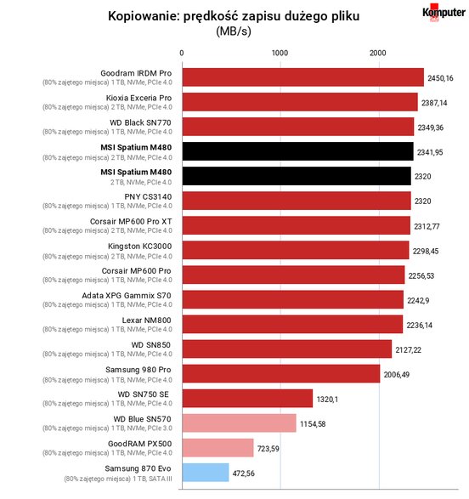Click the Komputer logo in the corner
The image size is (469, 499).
point(444,13)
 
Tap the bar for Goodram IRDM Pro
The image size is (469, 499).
point(303,77)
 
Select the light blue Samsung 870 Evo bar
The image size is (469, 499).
point(206,473)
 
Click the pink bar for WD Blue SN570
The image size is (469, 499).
point(239,423)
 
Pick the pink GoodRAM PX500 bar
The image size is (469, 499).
point(218,448)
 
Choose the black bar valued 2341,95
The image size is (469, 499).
point(298,151)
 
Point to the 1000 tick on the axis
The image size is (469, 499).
point(280,53)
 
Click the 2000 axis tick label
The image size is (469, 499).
point(378,53)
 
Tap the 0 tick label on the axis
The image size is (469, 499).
point(182,53)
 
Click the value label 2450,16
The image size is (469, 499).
point(440,78)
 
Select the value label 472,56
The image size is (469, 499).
point(244,473)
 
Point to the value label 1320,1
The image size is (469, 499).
point(327,399)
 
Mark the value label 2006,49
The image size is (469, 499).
point(397,375)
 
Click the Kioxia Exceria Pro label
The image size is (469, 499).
point(139,98)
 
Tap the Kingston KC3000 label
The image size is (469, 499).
point(140,247)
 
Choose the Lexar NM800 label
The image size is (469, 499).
point(147,320)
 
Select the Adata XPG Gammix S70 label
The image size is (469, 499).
point(127,296)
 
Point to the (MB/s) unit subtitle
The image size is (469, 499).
point(234,31)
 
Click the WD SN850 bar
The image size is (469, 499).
point(287,349)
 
